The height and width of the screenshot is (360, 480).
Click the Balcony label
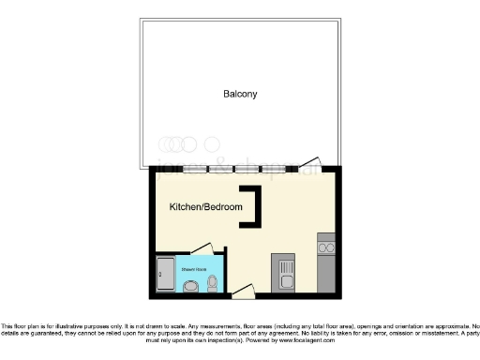[x=240, y=94]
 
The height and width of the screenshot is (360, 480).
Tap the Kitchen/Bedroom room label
[x=205, y=206]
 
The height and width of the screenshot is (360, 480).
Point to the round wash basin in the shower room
[x=191, y=288]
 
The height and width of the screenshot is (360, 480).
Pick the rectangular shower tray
[x=164, y=274]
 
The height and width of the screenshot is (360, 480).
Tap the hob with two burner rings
[x=327, y=247]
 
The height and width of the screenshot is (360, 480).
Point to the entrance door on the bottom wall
[x=242, y=293]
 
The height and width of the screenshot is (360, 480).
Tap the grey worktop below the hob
[x=327, y=274]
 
